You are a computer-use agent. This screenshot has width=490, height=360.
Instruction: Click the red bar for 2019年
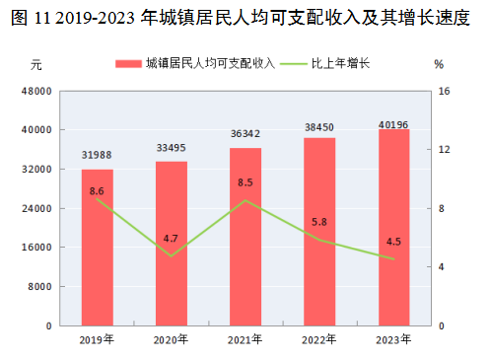point(98,248)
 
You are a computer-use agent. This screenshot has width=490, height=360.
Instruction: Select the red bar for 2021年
point(245,237)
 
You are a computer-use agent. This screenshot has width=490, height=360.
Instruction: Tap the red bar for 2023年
point(394,228)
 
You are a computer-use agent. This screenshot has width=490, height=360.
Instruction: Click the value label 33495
point(171,148)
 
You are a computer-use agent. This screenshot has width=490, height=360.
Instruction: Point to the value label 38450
point(319,127)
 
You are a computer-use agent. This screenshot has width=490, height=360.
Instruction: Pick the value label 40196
point(393,124)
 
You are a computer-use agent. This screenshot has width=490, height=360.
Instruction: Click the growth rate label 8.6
point(97,191)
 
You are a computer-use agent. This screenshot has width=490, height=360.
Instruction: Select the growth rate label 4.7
point(171,239)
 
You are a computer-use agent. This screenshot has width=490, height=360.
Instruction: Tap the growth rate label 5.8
point(319,222)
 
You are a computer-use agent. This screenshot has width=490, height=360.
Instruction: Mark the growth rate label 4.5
point(393,242)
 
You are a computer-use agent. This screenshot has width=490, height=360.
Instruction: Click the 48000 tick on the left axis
point(36,91)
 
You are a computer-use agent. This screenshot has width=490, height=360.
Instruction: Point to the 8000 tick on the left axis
point(39,287)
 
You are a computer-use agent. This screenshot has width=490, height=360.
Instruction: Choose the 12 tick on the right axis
point(444,150)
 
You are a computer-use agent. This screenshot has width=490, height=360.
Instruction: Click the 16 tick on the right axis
point(444,91)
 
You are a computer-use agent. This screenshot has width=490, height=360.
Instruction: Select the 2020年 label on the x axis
point(171,339)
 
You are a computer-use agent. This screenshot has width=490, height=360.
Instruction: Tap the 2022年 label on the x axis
point(319,339)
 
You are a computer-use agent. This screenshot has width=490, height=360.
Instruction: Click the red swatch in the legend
point(128,64)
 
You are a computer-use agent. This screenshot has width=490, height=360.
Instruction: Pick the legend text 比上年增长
point(340,63)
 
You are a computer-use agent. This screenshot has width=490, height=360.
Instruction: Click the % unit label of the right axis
point(439,64)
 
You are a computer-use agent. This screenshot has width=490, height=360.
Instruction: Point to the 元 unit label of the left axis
point(36,65)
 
